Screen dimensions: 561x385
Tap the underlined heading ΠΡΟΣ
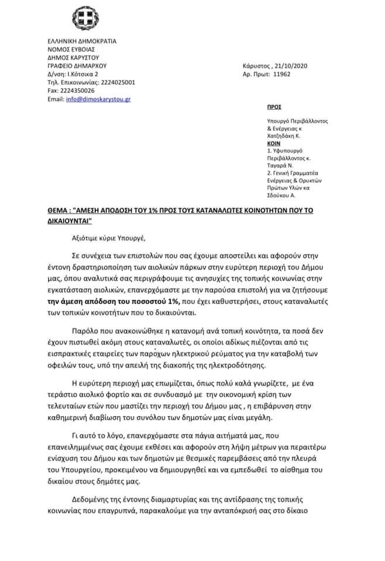click(x=274, y=108)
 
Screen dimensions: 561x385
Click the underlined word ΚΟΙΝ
click(x=273, y=142)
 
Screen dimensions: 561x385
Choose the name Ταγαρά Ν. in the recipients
click(x=279, y=166)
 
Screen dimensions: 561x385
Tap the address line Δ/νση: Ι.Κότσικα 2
click(x=73, y=75)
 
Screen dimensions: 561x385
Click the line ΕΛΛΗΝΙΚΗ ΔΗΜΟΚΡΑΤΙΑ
click(x=82, y=41)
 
